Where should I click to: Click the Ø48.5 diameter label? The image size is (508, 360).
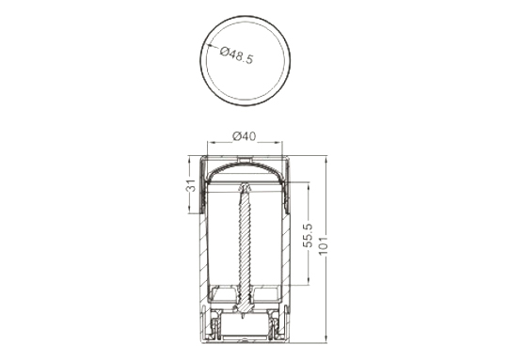[236, 55]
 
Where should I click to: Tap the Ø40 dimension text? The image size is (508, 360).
[245, 136]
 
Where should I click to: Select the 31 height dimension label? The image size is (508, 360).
[192, 185]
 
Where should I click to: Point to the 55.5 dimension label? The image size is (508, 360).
[308, 235]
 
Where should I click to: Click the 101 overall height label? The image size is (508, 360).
[324, 245]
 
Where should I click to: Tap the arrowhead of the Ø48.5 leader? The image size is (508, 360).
[209, 46]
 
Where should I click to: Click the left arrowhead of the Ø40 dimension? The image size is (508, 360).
[211, 142]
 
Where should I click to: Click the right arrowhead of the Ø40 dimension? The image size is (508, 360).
[279, 142]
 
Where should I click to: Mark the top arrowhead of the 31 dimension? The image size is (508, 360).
[189, 159]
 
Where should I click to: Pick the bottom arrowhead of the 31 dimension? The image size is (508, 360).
[189, 210]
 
